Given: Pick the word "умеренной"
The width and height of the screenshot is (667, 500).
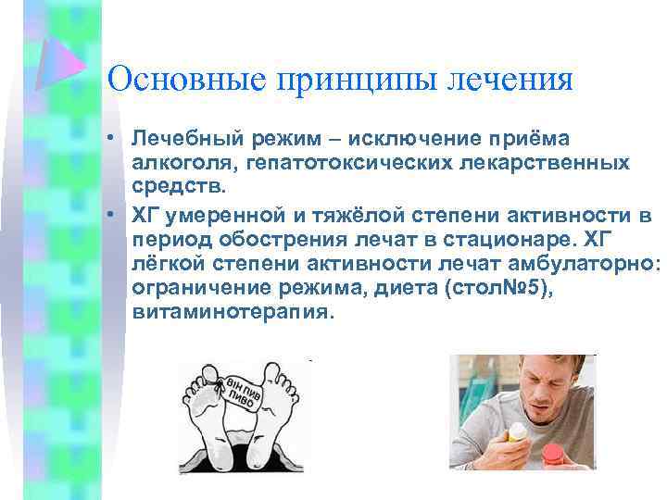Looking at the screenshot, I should coord(223,216).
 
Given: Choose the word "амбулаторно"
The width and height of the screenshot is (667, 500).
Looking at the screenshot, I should coord(586,264).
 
